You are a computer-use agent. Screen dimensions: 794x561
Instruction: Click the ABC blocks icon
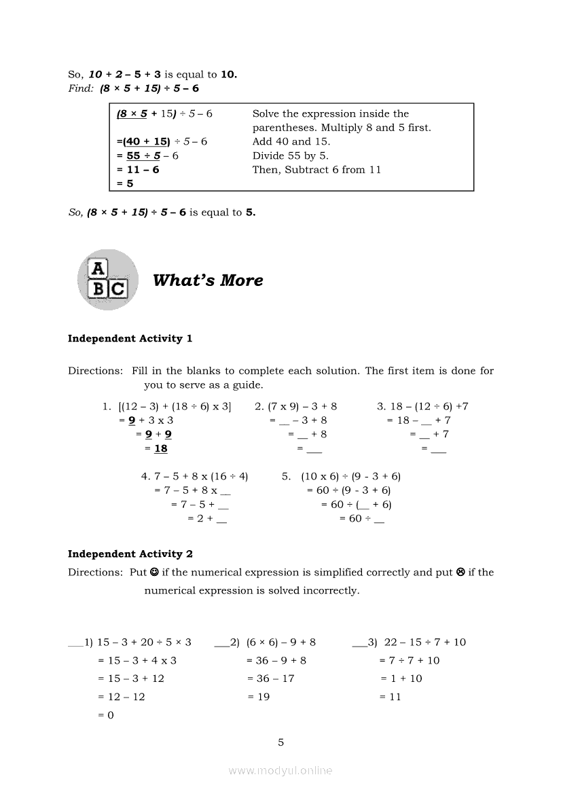[107, 280]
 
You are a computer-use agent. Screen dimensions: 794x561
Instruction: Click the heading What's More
[208, 281]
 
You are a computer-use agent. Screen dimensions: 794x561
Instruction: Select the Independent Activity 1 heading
[130, 338]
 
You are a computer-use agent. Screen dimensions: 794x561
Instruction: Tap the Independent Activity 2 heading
[130, 554]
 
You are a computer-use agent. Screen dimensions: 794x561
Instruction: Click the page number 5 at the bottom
[280, 742]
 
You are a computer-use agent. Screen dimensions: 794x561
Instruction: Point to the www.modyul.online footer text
[280, 770]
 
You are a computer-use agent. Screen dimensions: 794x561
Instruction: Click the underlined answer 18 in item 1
[160, 448]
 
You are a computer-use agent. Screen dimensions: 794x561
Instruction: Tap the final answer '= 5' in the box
[125, 183]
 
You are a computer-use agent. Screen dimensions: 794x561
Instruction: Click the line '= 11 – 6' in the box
[138, 169]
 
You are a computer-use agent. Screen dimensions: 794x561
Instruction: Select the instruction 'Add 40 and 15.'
[291, 141]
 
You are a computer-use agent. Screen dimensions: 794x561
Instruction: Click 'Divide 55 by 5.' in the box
[290, 156]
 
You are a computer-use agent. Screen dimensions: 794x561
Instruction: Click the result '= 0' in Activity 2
[106, 715]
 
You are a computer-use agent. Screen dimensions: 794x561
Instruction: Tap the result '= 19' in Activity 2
[259, 696]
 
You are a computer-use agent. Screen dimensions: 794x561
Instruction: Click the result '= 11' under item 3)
[391, 696]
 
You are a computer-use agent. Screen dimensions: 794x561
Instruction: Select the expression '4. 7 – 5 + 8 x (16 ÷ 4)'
[194, 476]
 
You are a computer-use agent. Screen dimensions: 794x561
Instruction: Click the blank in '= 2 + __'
[221, 520]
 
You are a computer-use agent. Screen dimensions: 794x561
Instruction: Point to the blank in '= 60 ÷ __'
[379, 520]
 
